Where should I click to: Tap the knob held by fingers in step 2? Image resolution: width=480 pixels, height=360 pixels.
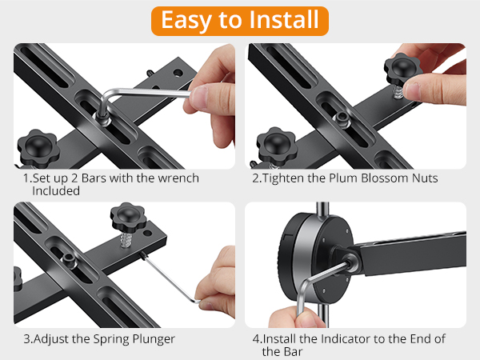pyautogui.click(x=402, y=67)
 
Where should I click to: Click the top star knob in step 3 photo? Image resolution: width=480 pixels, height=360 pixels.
pyautogui.click(x=126, y=215)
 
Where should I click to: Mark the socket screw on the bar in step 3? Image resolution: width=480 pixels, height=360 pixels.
pyautogui.click(x=70, y=257)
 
